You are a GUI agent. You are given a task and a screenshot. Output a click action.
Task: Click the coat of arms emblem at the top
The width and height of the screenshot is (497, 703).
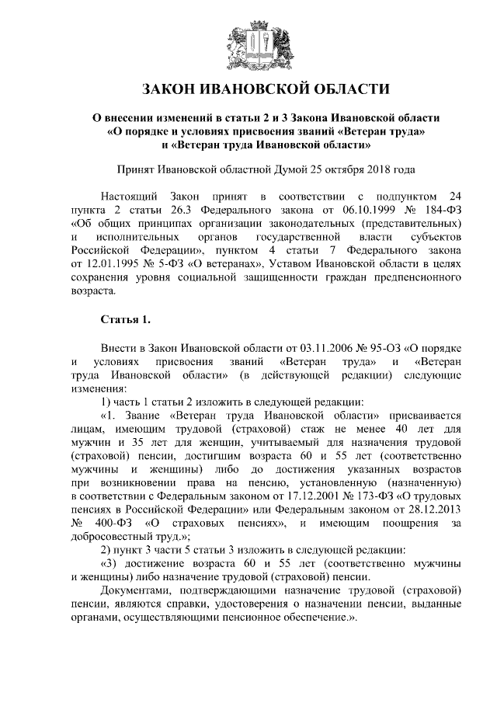pyautogui.click(x=249, y=44)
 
